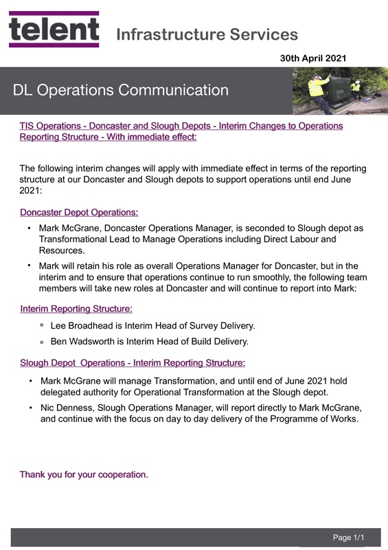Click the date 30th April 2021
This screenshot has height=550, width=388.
coord(312,59)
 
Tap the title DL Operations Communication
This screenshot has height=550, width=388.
coord(120,90)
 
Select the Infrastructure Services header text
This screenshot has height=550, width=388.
coord(207,34)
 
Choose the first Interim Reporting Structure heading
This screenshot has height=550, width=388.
coord(76,309)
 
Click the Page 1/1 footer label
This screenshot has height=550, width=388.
coord(348,537)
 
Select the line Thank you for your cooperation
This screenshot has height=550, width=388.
coord(84,474)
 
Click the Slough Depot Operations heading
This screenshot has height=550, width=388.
coord(133,362)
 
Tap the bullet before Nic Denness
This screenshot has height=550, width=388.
coord(30,408)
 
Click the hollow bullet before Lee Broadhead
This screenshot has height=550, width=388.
coord(42,325)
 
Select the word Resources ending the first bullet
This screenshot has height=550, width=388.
coord(61,251)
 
